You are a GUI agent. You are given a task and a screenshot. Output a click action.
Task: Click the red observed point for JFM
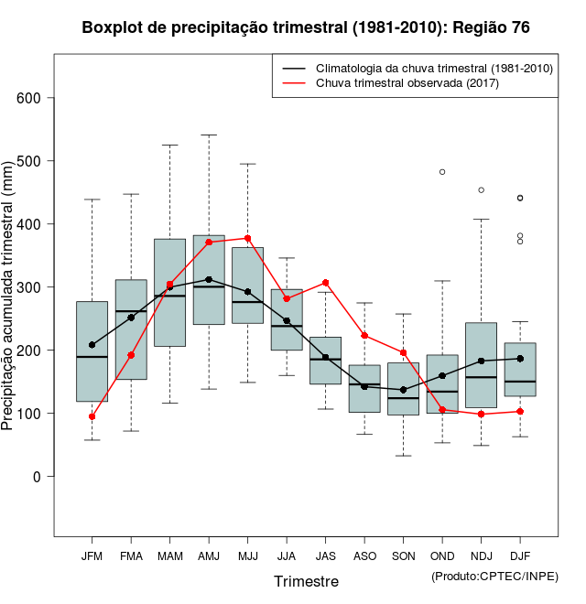pos(92,416)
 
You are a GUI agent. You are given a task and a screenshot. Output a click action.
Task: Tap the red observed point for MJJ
pos(248,238)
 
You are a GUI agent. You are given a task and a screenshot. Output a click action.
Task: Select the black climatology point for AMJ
pos(209,279)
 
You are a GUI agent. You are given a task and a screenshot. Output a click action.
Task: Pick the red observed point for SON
pos(404,352)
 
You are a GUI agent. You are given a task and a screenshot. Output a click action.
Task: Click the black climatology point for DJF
pos(520,358)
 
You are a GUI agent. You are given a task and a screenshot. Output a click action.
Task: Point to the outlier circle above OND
pos(442,172)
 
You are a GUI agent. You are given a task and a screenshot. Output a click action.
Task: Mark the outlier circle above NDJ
pos(482,190)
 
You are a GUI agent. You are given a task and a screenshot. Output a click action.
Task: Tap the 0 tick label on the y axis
pos(38,477)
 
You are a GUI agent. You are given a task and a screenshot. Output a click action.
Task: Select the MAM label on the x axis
pos(169,556)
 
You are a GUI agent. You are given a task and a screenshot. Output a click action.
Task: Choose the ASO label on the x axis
pos(364,556)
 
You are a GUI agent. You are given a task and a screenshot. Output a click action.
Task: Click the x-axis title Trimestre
pos(306,581)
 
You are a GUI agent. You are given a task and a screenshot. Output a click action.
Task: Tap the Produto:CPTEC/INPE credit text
pos(494,576)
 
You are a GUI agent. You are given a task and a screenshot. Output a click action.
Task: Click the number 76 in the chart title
pos(519,27)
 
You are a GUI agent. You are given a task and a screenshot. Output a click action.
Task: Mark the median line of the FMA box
pos(131,312)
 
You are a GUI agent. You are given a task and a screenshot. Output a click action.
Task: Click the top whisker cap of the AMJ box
pos(209,135)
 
